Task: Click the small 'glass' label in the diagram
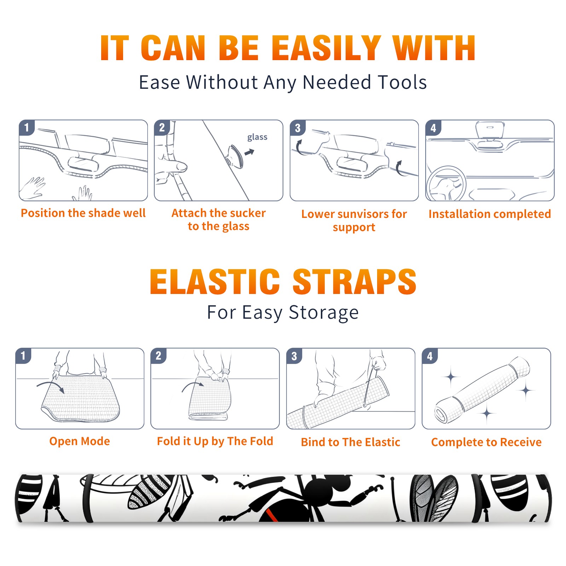257,137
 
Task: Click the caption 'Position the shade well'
83,213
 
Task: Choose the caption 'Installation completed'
490,214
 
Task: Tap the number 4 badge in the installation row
433,128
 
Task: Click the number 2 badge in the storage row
158,356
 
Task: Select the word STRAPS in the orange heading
354,282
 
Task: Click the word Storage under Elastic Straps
324,313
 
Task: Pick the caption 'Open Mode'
80,441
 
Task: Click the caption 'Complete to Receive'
486,442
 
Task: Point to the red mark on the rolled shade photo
272,515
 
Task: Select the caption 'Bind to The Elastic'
351,442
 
